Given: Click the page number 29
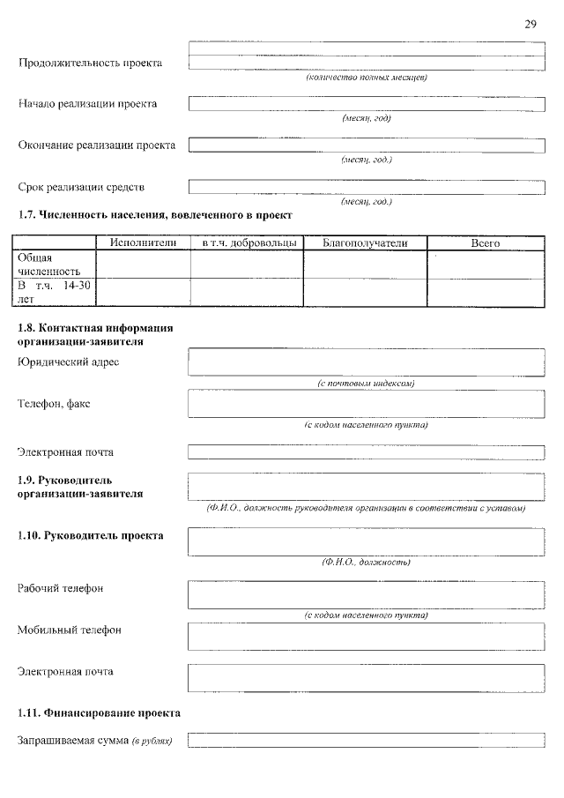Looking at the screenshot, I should (x=531, y=24).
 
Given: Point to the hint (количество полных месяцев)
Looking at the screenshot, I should (x=366, y=78).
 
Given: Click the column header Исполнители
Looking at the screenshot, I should (x=143, y=242).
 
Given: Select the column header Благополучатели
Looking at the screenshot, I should (x=365, y=242).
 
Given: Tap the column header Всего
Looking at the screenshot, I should (x=486, y=242).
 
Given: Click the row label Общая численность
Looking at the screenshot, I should (x=49, y=264).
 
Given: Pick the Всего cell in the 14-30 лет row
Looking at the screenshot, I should (x=486, y=292).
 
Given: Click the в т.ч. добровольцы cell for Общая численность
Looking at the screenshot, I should (x=247, y=264).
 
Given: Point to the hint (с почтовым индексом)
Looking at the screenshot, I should (x=366, y=384).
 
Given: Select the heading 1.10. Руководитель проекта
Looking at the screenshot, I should (x=91, y=535).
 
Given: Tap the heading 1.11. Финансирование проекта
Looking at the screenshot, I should (x=100, y=712).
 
